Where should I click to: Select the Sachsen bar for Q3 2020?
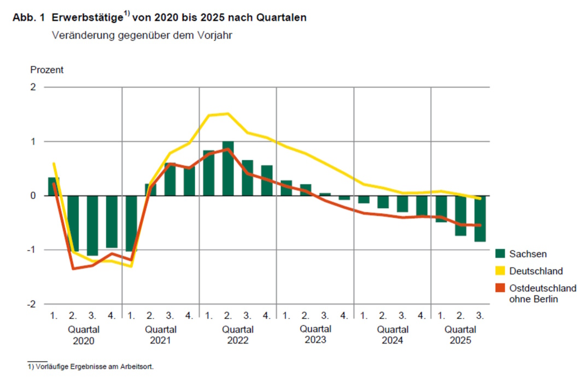click(x=92, y=225)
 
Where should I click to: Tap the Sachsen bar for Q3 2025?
click(x=479, y=218)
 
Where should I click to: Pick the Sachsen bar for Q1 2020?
click(x=54, y=187)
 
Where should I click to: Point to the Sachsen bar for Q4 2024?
click(x=422, y=206)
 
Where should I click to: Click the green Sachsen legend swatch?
click(x=500, y=254)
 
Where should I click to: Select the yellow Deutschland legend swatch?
click(x=500, y=271)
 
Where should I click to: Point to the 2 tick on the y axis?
click(x=32, y=87)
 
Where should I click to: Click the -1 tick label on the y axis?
click(x=31, y=250)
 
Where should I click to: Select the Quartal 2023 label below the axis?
click(x=315, y=335)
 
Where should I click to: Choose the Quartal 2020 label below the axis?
click(x=83, y=335)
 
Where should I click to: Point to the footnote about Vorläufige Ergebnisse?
click(x=91, y=367)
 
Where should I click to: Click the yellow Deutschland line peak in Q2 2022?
click(x=228, y=114)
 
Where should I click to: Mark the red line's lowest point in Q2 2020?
click(x=73, y=269)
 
